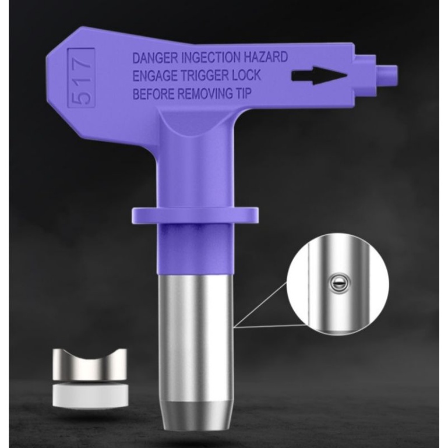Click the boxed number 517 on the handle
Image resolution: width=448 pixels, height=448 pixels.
(x=81, y=78)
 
